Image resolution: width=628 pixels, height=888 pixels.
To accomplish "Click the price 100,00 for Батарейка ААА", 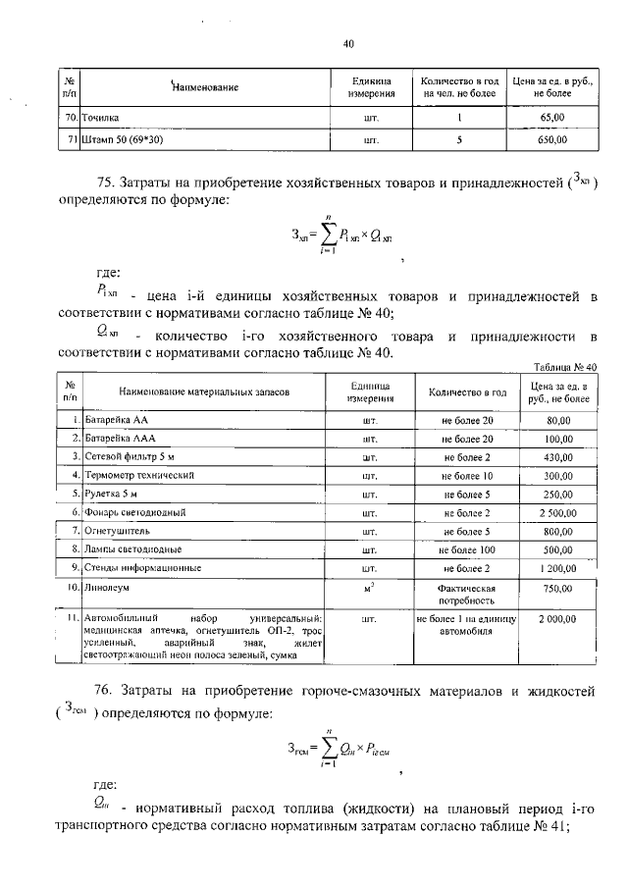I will (557, 439).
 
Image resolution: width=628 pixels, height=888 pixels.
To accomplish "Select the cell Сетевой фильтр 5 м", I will (130, 457).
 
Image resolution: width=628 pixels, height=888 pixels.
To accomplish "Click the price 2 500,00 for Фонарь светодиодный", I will (557, 513).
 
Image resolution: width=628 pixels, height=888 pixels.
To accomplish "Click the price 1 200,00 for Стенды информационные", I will (557, 568).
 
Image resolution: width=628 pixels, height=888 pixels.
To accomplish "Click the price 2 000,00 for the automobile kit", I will (557, 620).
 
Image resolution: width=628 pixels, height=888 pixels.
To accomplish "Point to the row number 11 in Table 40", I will (72, 619).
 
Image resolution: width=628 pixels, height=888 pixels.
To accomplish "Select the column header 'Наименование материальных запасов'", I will (204, 391).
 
